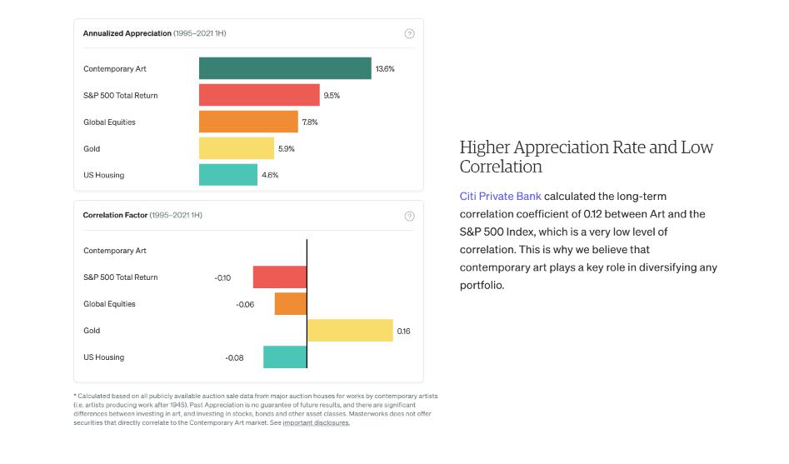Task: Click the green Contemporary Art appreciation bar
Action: (x=285, y=68)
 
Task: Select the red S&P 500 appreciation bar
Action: (x=259, y=95)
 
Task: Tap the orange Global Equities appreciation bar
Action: (x=248, y=122)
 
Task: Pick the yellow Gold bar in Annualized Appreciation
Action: (x=237, y=148)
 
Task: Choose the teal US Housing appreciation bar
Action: (x=228, y=175)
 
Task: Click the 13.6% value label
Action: (x=385, y=68)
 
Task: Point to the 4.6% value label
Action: (x=270, y=175)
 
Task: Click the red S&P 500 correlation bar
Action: (x=280, y=277)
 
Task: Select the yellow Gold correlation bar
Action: (x=350, y=331)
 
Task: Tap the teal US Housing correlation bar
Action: (x=285, y=357)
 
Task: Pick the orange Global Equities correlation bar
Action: (x=291, y=304)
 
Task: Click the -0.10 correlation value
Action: (x=222, y=277)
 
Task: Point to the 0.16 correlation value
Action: (x=403, y=331)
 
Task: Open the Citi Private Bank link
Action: (x=500, y=197)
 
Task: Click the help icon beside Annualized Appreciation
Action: (x=409, y=33)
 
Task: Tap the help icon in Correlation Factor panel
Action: (x=409, y=216)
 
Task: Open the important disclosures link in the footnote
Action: (x=316, y=422)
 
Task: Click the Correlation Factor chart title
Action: (x=115, y=216)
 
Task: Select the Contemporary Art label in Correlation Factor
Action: (x=115, y=251)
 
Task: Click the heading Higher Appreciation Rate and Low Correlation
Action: (x=587, y=157)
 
